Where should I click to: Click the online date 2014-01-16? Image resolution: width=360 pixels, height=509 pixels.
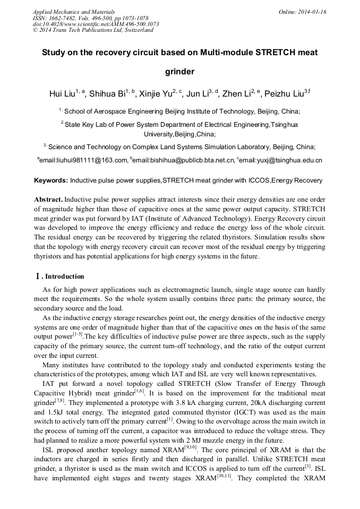pyautogui.click(x=312, y=11)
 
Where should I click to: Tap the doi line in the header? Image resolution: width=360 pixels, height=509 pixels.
pyautogui.click(x=96, y=24)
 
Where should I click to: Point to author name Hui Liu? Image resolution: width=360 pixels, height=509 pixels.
pyautogui.click(x=62, y=94)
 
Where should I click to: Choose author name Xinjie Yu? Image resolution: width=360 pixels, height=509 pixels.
pyautogui.click(x=157, y=94)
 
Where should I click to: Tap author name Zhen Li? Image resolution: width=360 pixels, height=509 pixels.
pyautogui.click(x=235, y=94)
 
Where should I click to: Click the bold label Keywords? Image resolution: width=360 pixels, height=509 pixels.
pyautogui.click(x=51, y=180)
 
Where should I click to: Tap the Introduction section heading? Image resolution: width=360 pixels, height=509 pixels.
pyautogui.click(x=64, y=277)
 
